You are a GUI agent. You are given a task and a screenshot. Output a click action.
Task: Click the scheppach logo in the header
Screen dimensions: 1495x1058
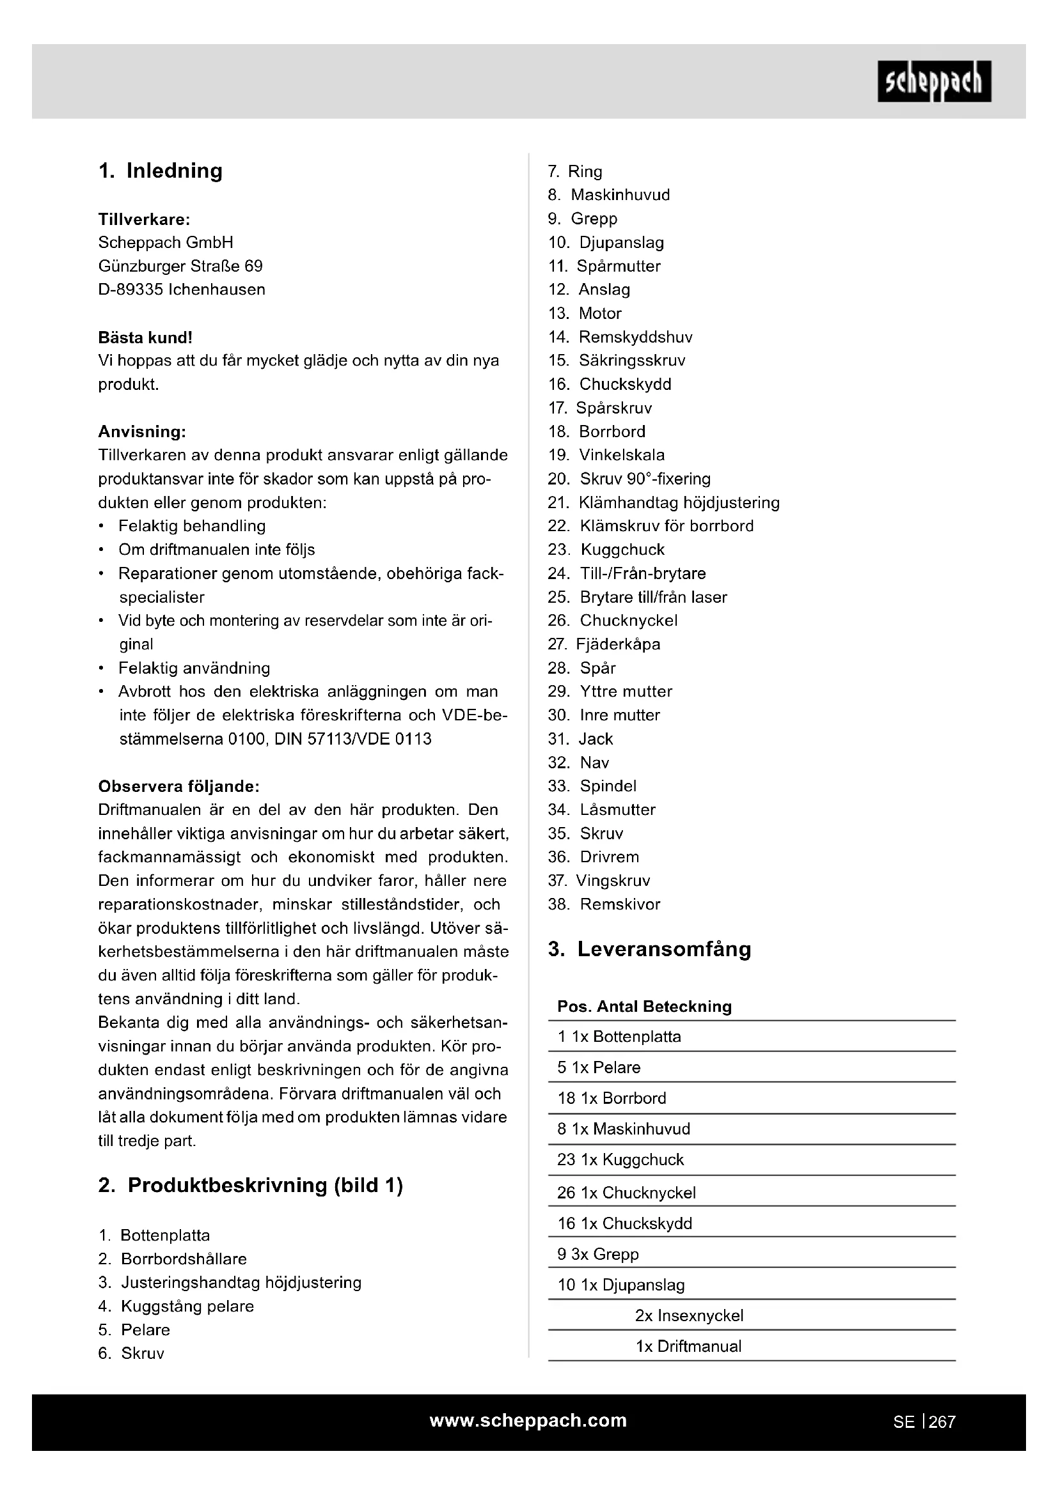(x=933, y=81)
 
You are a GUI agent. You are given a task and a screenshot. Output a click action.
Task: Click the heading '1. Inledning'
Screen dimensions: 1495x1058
(x=161, y=171)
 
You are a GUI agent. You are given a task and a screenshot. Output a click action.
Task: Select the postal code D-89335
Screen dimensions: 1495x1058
(x=130, y=290)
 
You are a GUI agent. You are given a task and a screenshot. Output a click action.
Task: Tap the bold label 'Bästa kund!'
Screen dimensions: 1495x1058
(x=145, y=337)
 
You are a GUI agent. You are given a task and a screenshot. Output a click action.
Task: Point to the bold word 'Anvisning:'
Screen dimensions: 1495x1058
(x=142, y=431)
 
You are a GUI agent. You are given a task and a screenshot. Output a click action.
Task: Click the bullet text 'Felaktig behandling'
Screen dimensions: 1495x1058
(x=191, y=526)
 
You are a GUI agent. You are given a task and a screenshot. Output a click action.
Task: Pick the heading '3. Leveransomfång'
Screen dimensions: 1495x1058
(x=649, y=949)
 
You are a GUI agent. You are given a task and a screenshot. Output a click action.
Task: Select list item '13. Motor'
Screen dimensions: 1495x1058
(x=585, y=313)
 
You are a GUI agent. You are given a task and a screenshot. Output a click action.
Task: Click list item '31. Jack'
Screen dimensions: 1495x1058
(x=580, y=739)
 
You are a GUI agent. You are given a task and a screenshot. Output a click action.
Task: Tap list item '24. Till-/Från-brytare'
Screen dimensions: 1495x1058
(x=626, y=573)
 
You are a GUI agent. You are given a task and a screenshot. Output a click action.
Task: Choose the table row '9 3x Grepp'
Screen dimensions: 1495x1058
(x=597, y=1254)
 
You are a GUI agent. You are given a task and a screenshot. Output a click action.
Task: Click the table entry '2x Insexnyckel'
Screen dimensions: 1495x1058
(x=689, y=1315)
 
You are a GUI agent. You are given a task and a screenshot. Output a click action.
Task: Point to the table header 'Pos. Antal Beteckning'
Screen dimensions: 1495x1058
(x=643, y=1007)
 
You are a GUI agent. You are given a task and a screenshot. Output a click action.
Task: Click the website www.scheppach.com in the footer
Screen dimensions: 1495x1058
(x=528, y=1421)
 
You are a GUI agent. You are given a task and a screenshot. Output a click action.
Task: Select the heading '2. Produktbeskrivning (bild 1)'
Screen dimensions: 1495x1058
(x=250, y=1185)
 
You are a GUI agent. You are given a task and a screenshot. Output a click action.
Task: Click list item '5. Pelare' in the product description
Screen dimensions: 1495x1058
(x=134, y=1329)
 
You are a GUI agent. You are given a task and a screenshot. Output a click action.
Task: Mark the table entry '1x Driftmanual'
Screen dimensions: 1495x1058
(x=688, y=1346)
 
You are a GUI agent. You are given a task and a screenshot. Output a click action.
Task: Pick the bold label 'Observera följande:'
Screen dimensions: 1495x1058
(x=178, y=787)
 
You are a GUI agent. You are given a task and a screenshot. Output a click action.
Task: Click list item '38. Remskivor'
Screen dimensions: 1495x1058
(x=603, y=904)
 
